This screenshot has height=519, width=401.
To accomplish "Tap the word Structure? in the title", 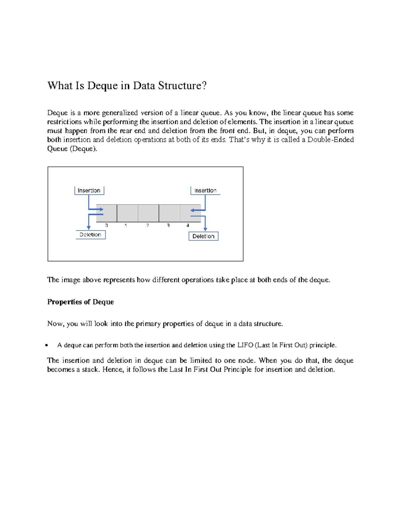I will [x=182, y=86].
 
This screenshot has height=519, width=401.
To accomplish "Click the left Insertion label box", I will [x=89, y=190].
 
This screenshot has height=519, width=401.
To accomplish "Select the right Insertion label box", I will [x=205, y=190].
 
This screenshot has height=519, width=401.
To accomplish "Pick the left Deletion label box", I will [x=91, y=235].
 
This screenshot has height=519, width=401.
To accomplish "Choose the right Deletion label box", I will [x=203, y=236].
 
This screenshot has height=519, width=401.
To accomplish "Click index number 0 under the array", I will [x=107, y=226].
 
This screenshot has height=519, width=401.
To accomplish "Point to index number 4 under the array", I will [x=188, y=226].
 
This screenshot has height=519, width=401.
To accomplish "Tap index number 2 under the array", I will [x=147, y=226].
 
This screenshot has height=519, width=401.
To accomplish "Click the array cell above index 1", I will [x=127, y=213].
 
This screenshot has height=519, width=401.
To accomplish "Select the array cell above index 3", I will [x=169, y=213].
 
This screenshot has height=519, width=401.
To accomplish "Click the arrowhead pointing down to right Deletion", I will [x=205, y=229].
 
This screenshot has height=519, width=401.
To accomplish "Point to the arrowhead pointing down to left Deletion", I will [x=89, y=228].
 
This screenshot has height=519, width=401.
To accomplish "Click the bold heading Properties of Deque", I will [x=81, y=302].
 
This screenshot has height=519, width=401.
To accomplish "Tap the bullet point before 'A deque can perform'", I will [x=47, y=346].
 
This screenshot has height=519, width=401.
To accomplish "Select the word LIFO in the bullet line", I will [x=245, y=345].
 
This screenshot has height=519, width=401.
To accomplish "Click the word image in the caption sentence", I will [x=71, y=280].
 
